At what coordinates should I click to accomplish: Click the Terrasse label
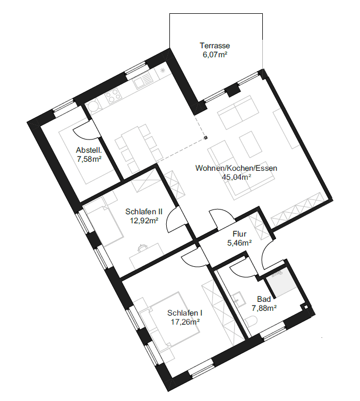[x=215, y=46]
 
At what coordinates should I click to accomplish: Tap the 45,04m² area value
[x=236, y=177]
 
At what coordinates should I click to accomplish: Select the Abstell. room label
[x=89, y=150]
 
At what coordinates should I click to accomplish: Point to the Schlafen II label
[x=144, y=212]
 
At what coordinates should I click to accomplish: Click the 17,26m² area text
[x=185, y=322]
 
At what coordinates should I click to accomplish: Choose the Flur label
[x=239, y=234]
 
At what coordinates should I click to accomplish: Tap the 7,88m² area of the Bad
[x=264, y=308]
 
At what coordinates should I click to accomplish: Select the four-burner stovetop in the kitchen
[x=114, y=97]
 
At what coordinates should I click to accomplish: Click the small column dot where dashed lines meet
[x=205, y=138]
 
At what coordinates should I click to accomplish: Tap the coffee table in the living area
[x=251, y=144]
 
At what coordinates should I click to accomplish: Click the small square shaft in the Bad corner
[x=305, y=307]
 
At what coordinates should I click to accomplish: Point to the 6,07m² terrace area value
[x=215, y=55]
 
